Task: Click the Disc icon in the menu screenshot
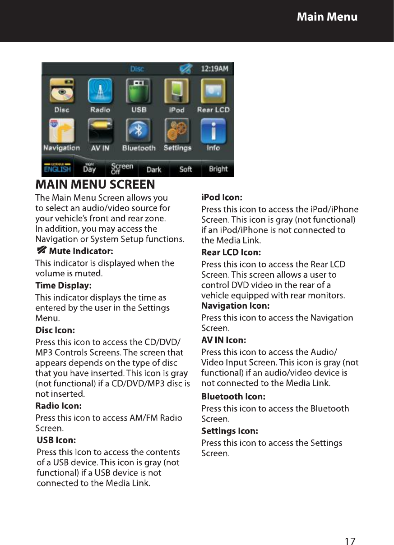62,92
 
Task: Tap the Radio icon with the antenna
100,92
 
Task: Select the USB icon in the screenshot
139,92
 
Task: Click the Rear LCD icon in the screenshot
213,92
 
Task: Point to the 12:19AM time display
214,69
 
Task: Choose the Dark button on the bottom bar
154,169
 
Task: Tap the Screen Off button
122,169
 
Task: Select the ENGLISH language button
57,169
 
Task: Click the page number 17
350,528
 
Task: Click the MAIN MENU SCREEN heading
95,184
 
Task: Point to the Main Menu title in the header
327,17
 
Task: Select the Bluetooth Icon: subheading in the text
233,397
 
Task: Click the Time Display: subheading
63,285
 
